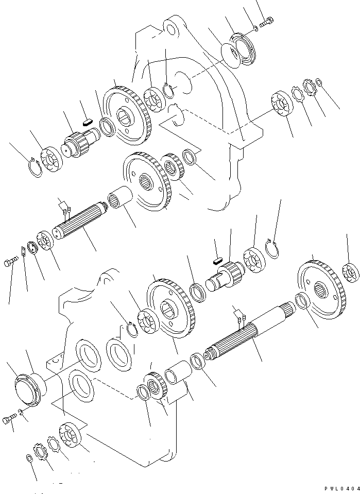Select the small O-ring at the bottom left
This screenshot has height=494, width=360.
tap(29, 458)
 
